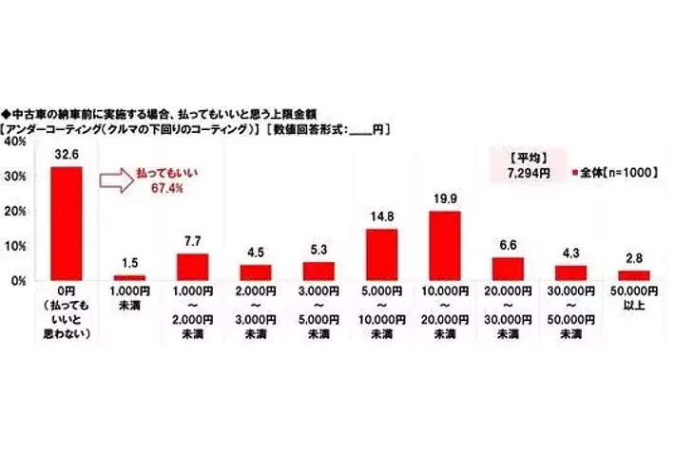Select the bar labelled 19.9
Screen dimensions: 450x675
[x=445, y=246]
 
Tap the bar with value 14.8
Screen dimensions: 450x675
[x=381, y=254]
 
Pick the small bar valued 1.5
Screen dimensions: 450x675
[x=129, y=277]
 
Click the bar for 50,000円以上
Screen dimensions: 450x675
[x=634, y=275]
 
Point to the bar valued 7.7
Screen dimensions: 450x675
[x=192, y=267]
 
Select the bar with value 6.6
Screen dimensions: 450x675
[x=509, y=269]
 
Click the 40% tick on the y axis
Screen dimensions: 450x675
[x=15, y=141]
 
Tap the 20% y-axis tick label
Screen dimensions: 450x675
[x=15, y=211]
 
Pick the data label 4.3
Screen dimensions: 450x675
[x=571, y=254]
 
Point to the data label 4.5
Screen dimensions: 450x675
[x=255, y=253]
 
